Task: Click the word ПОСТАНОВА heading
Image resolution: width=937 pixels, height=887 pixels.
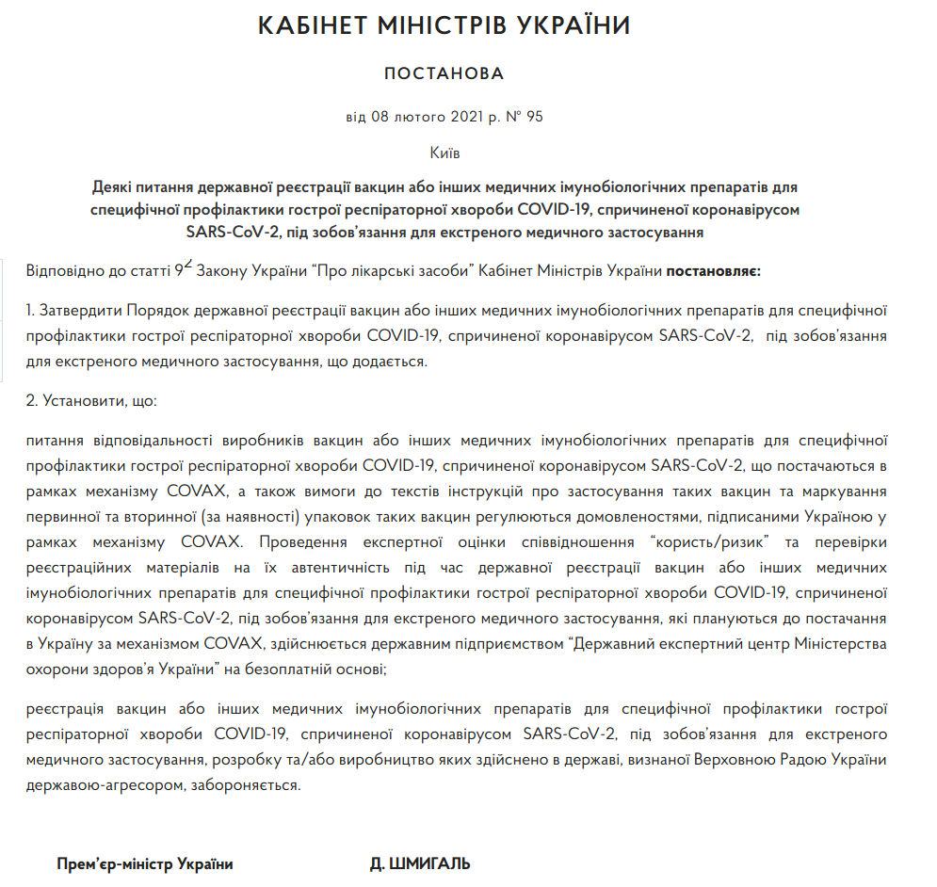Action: coord(444,73)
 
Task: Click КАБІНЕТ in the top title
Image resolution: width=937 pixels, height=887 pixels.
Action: coord(311,26)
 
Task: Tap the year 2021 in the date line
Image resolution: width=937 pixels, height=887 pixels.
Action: coord(465,118)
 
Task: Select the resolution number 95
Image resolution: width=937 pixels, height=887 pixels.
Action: coord(535,118)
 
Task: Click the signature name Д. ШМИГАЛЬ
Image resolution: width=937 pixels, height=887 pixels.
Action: coord(420,863)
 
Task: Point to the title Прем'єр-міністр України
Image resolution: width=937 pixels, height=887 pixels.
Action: coord(144,863)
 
